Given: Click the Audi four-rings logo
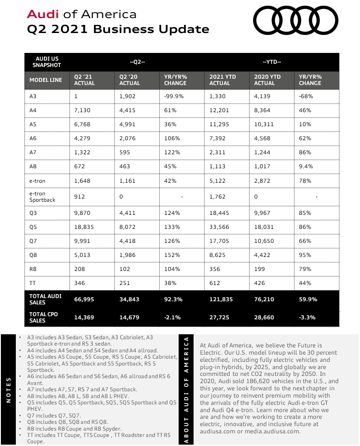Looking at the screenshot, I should click(x=295, y=20).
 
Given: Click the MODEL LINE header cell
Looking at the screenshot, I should click(x=46, y=80).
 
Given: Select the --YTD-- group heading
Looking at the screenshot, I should click(x=271, y=62).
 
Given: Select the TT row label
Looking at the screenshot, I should click(x=33, y=283).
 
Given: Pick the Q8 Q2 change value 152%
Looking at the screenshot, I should click(x=172, y=255).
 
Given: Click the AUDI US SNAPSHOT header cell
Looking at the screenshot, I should click(x=47, y=62).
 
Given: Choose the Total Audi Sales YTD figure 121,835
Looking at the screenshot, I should click(x=220, y=299).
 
